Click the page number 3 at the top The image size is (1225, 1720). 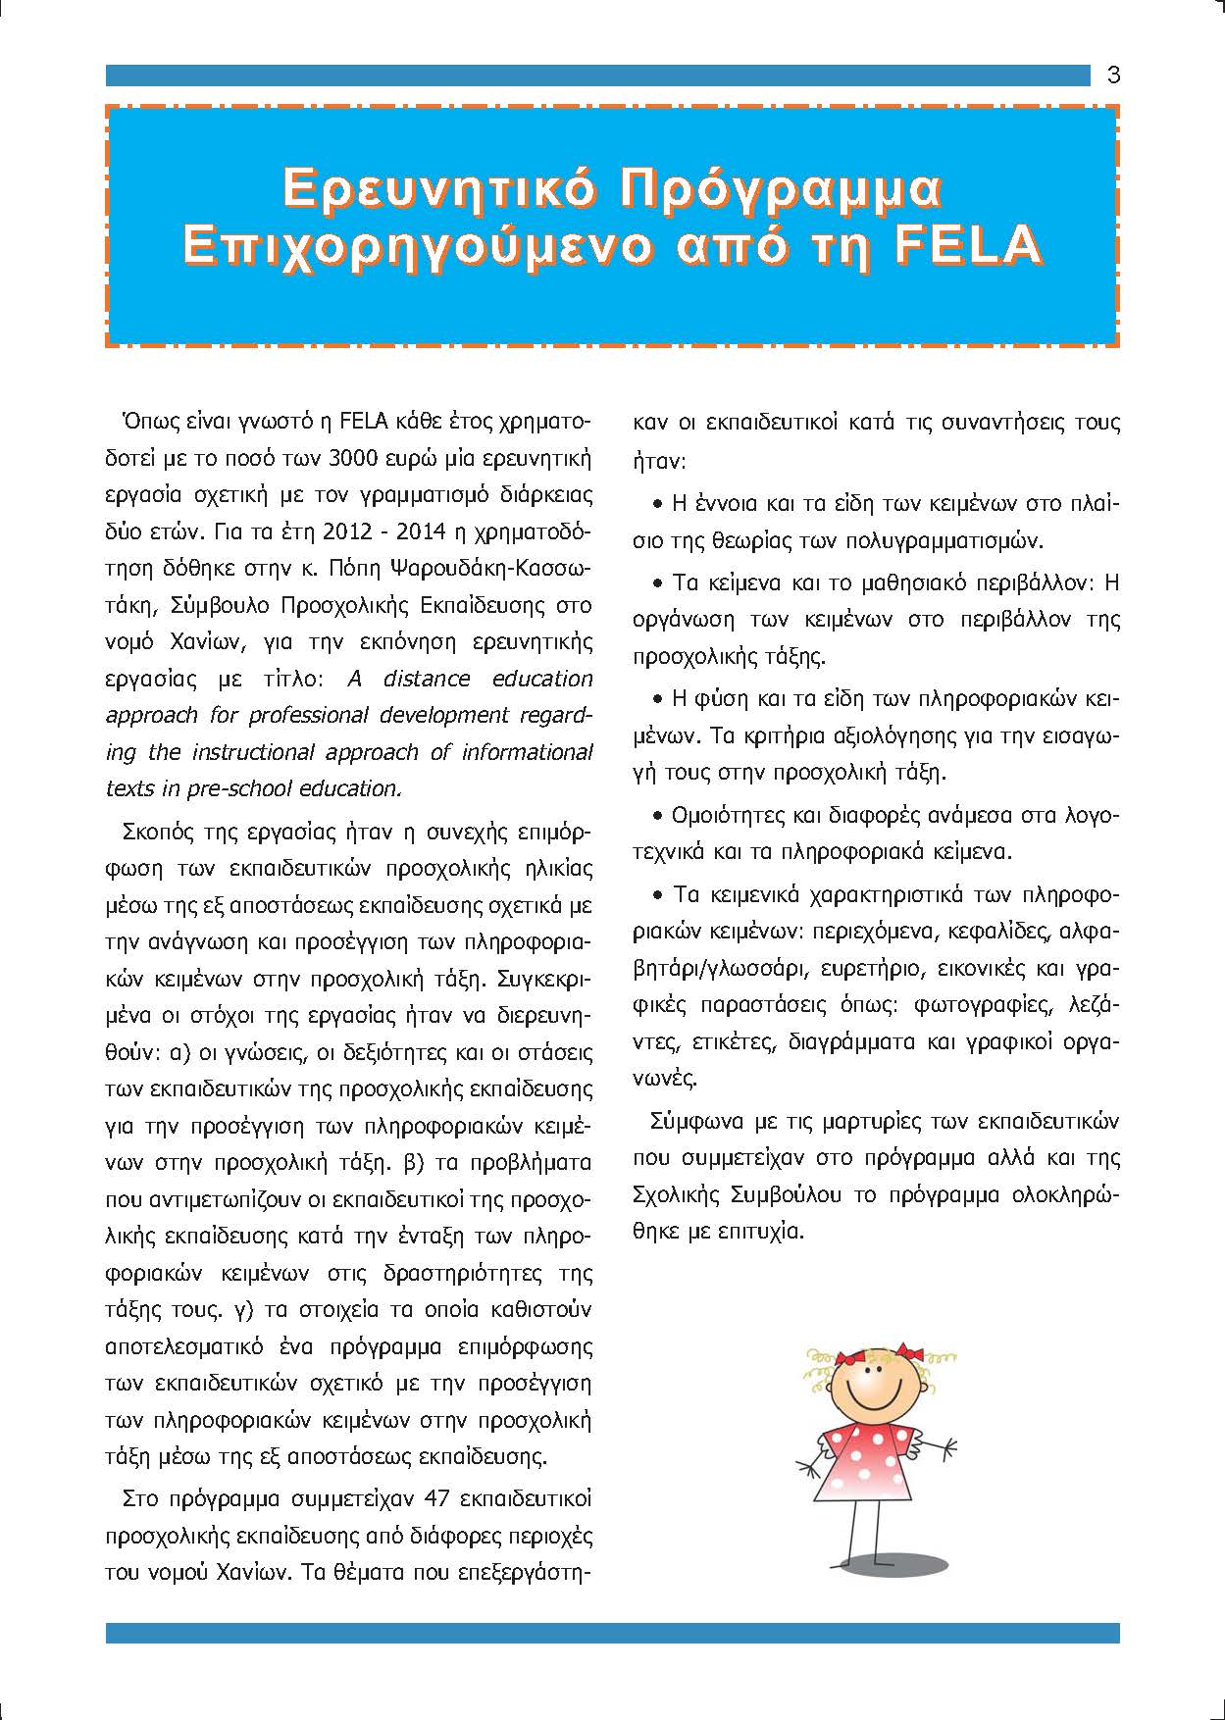point(1113,76)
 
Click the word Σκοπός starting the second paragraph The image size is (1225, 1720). point(158,833)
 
